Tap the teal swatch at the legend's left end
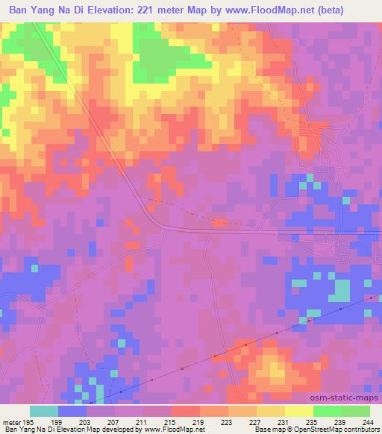coord(43,410)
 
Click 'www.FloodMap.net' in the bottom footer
coord(172,430)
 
